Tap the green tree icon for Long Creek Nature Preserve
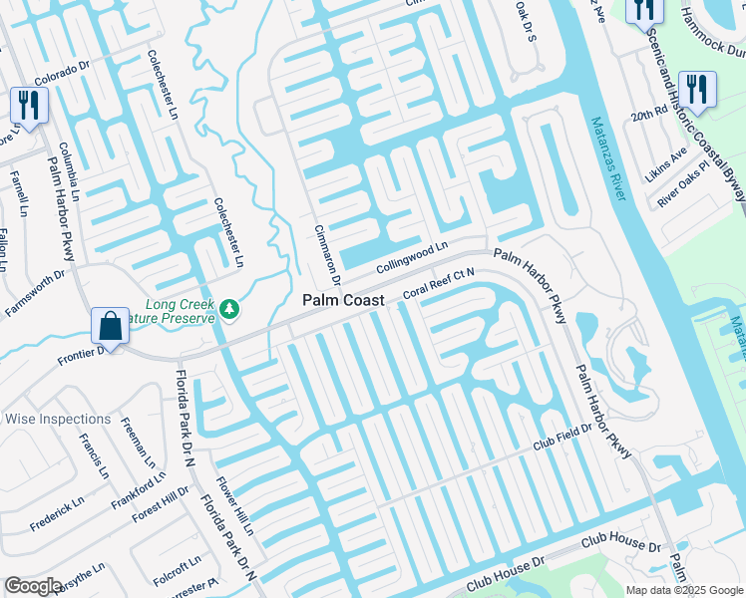coord(230,310)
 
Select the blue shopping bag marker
coord(109,325)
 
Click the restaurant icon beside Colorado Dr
coord(27,105)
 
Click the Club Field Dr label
coord(562,437)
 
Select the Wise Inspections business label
coord(58,419)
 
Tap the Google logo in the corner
coord(33,586)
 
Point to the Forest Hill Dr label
coord(164,502)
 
